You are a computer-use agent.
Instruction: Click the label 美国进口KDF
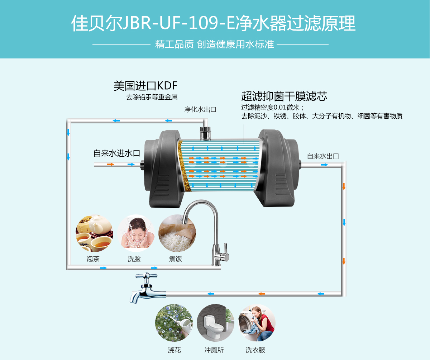(145, 86)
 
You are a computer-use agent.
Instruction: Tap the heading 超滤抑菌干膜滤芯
(284, 96)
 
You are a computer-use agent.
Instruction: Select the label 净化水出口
(200, 109)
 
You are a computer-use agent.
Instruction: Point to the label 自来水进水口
(116, 153)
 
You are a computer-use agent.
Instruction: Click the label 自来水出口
(323, 156)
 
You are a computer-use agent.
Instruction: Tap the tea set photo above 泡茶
(94, 233)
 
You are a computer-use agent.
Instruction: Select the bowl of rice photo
(177, 233)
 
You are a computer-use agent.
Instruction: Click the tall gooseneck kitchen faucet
(208, 233)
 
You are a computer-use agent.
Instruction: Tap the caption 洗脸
(134, 259)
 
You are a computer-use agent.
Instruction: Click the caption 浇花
(174, 350)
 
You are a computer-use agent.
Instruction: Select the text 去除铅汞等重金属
(152, 97)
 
